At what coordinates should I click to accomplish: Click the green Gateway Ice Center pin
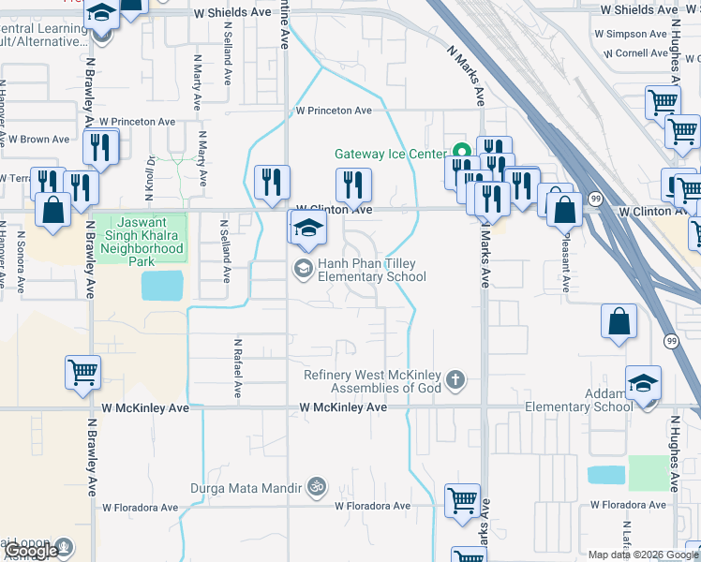point(460,151)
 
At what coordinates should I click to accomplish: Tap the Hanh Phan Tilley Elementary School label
point(372,271)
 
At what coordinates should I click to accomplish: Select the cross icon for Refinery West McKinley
point(455,379)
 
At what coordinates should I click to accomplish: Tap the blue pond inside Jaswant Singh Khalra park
point(163,286)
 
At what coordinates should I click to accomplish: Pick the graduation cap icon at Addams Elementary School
point(643,382)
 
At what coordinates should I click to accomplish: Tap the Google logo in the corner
point(31,551)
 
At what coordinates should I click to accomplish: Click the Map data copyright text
point(643,555)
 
